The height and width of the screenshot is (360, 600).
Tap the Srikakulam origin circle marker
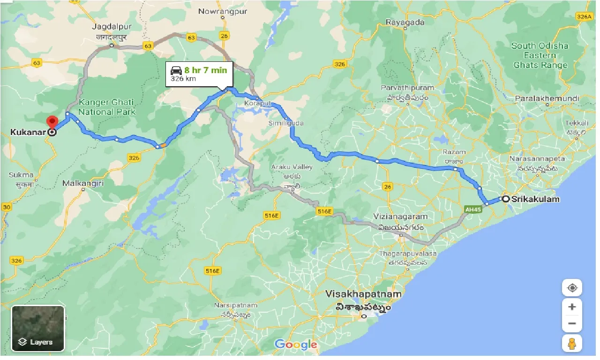coord(506,199)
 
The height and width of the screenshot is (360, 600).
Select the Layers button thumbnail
coord(37,328)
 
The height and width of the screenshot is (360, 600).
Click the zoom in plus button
coord(572,307)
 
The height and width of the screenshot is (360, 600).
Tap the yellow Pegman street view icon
coord(572,344)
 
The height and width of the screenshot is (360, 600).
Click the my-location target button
coord(572,287)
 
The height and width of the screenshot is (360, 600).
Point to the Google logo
coord(296,345)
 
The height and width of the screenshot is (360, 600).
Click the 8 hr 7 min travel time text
coord(205,70)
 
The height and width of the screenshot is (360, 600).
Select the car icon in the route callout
coord(176,70)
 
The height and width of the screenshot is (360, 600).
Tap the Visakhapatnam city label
coord(364,294)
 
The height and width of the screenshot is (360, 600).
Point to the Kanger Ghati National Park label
coord(106,107)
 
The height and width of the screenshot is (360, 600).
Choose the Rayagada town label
coord(405,22)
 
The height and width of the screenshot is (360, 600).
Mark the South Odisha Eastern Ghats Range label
coord(540,55)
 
